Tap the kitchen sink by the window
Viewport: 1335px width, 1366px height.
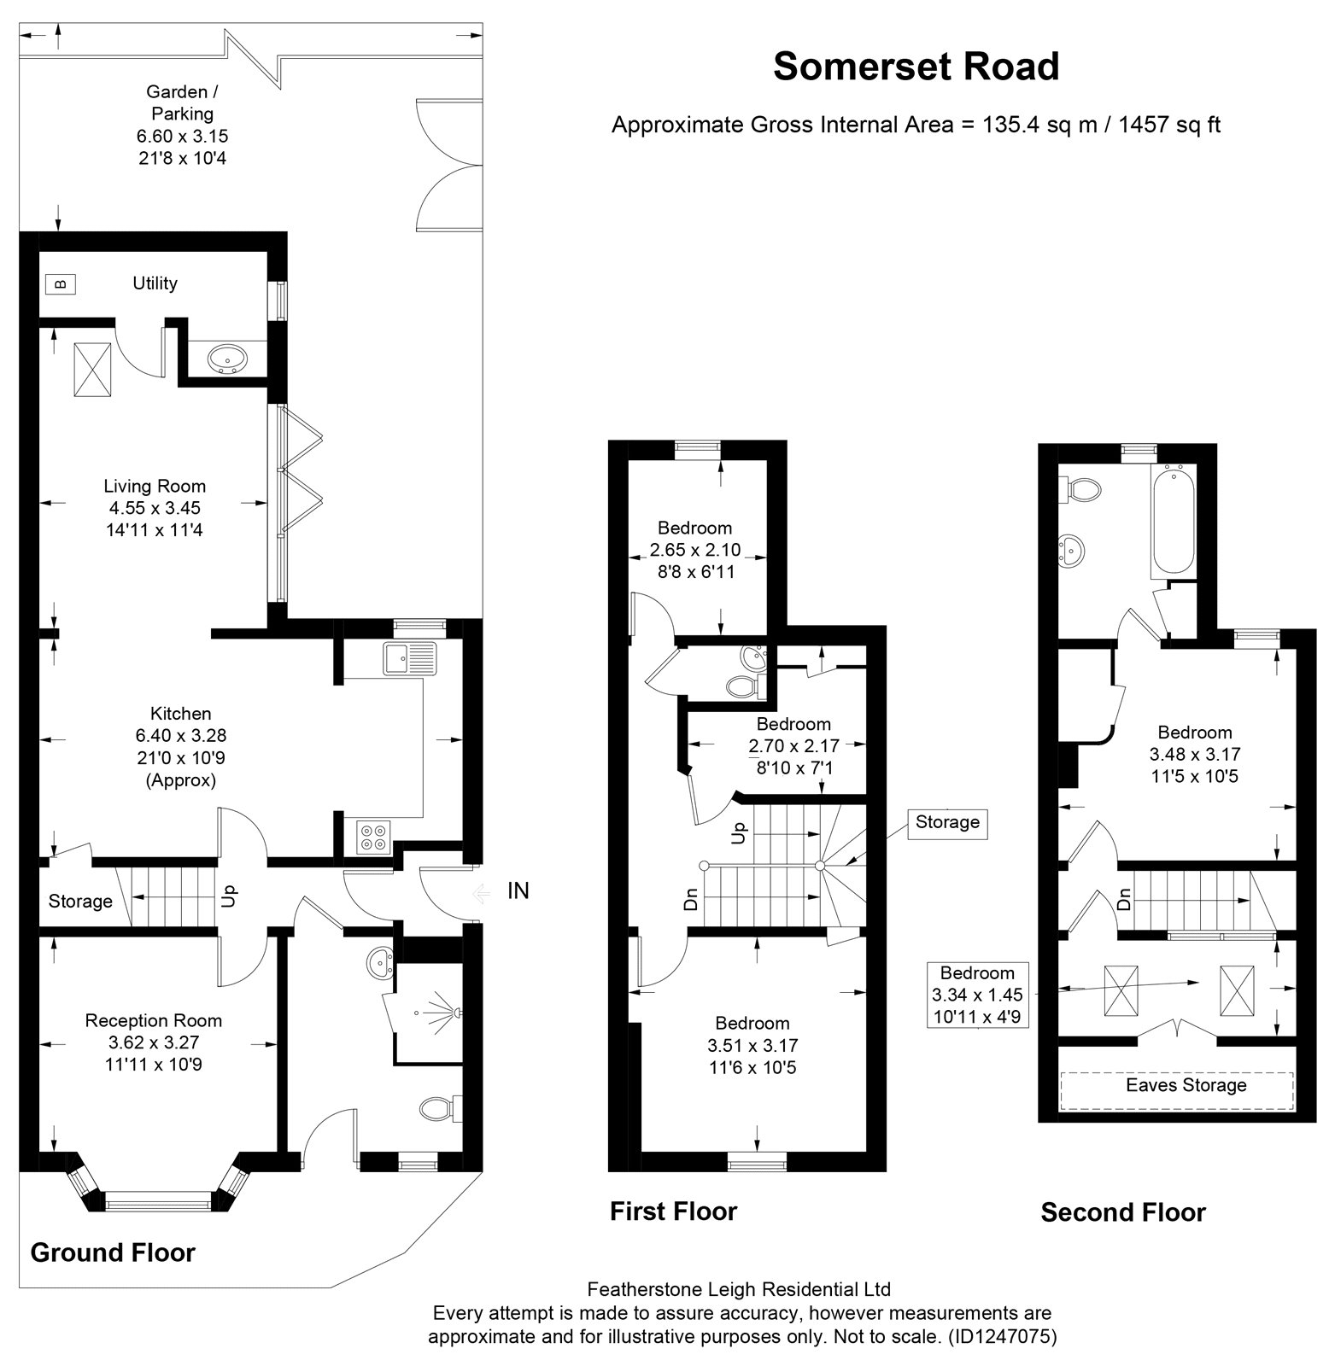[x=410, y=658]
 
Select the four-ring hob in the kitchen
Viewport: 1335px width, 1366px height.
[x=372, y=836]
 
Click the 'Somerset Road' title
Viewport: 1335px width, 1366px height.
[x=916, y=67]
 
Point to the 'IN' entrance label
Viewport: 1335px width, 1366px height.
[x=518, y=890]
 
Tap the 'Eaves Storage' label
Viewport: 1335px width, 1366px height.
[x=1186, y=1085]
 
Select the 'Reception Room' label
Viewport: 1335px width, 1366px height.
[x=154, y=1020]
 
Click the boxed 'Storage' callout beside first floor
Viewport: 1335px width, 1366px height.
[x=947, y=822]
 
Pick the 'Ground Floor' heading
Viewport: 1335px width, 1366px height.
[x=113, y=1252]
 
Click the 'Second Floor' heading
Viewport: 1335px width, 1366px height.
[x=1123, y=1212]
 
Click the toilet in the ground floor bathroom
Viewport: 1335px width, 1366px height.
[x=441, y=1108]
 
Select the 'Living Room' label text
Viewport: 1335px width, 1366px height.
[x=155, y=486]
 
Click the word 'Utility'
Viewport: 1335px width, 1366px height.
[x=155, y=283]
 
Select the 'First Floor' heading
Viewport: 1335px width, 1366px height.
[x=673, y=1211]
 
